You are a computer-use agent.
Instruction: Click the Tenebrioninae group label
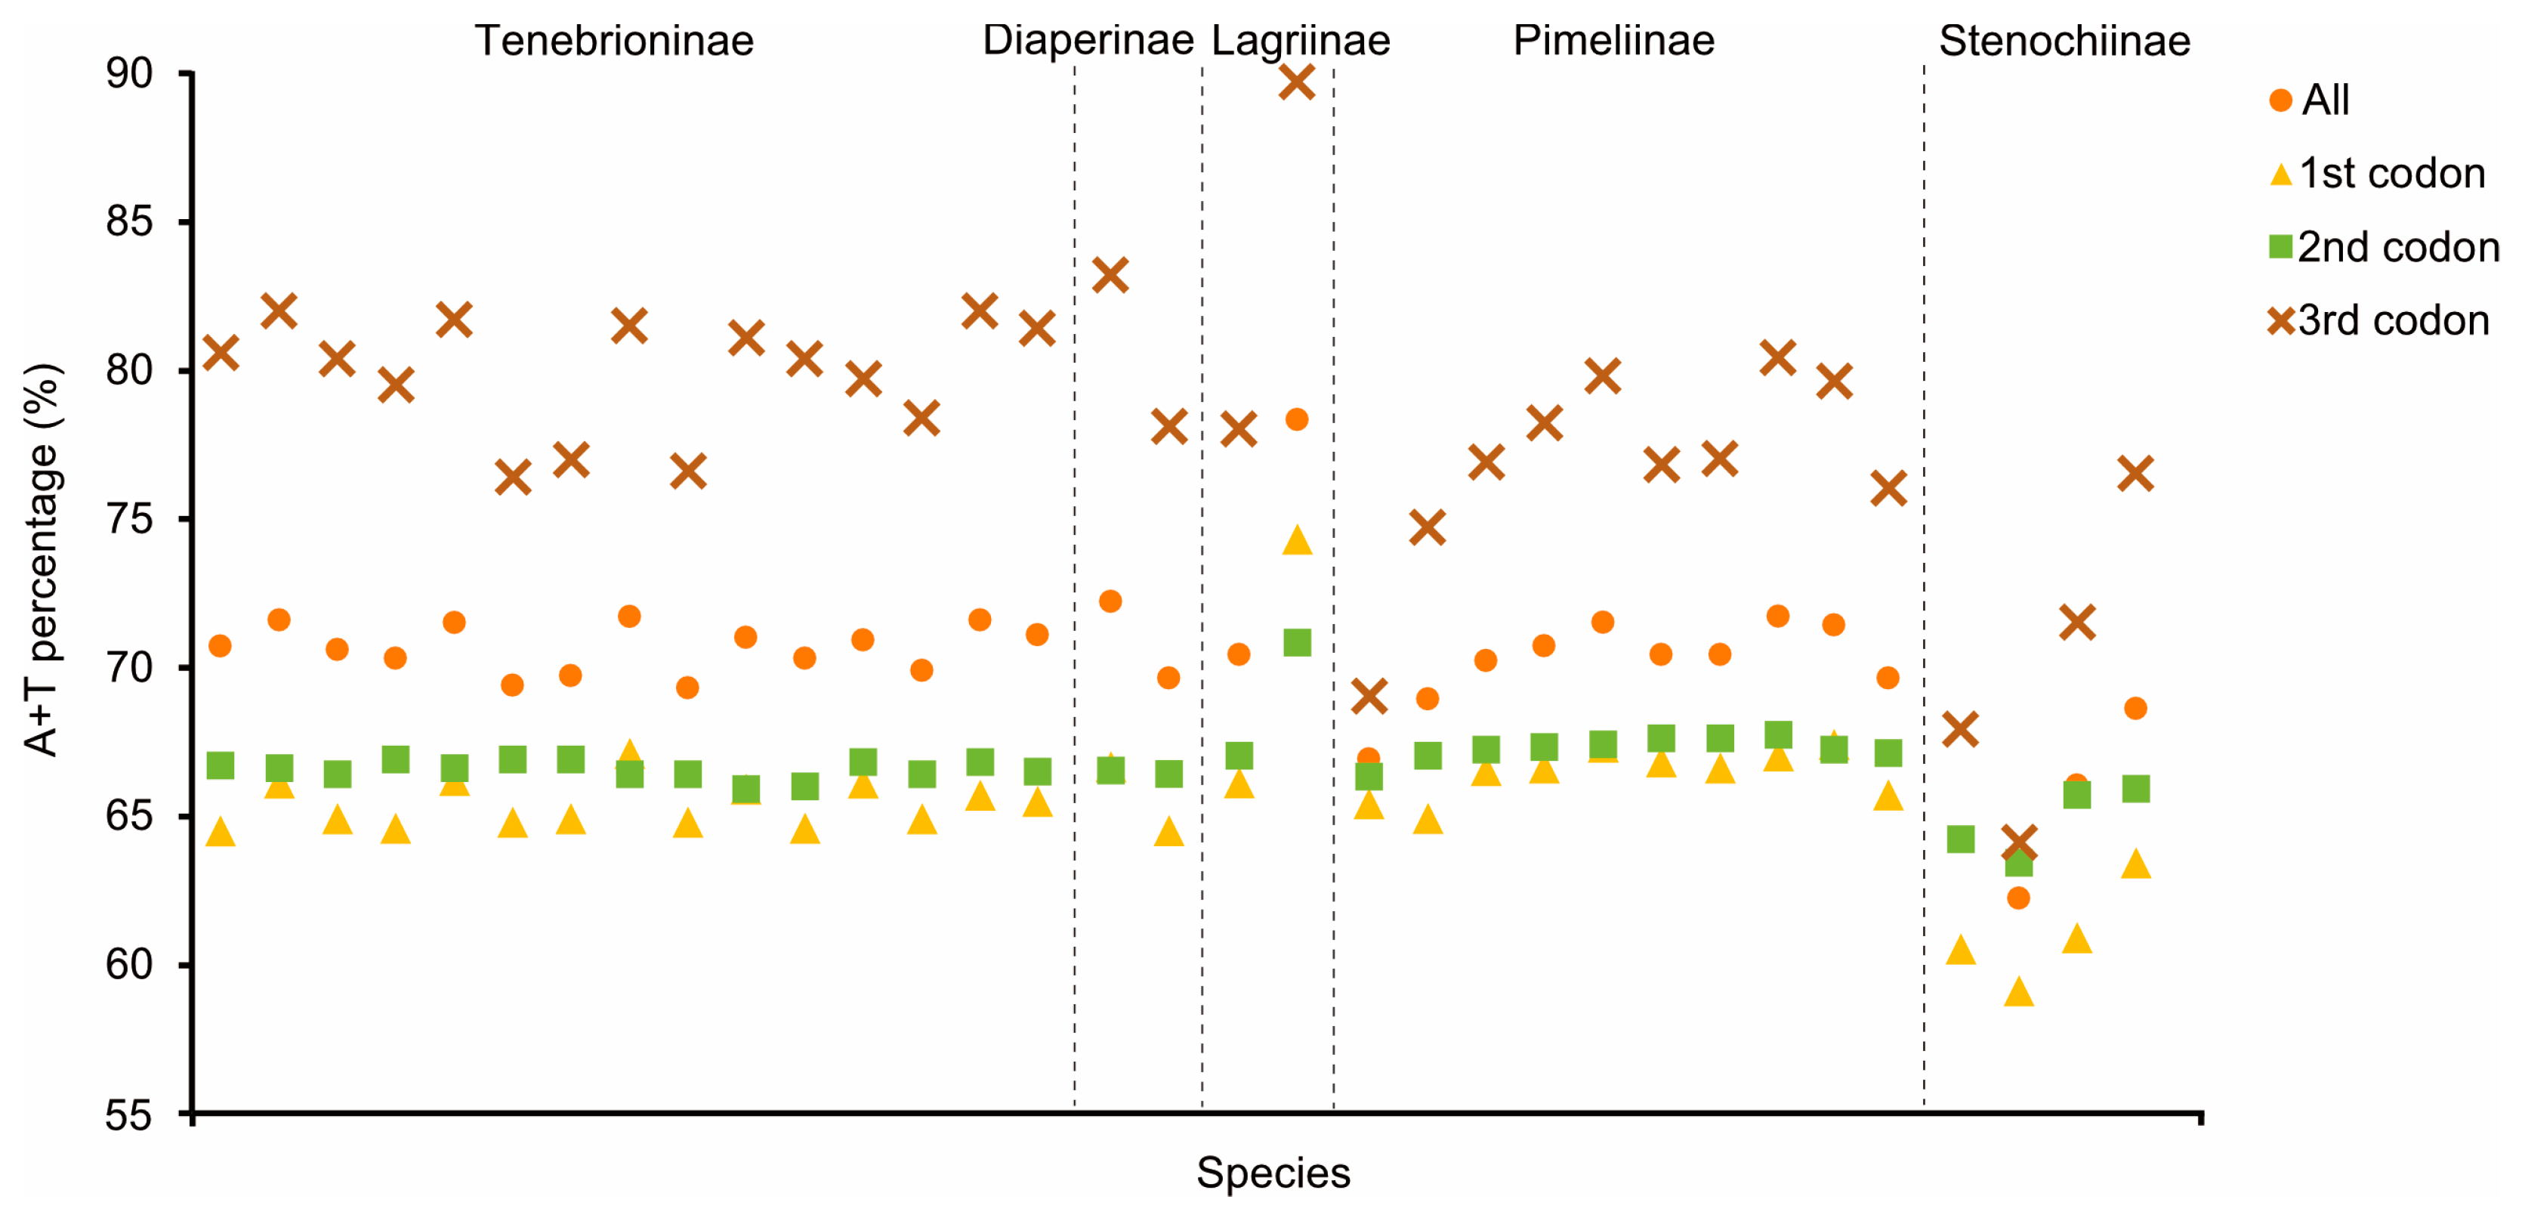click(x=614, y=41)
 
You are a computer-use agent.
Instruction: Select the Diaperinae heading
click(x=1088, y=41)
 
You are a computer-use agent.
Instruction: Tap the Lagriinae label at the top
click(x=1300, y=41)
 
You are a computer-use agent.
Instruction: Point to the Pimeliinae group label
click(x=1613, y=41)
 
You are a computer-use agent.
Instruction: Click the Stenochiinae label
click(x=2064, y=41)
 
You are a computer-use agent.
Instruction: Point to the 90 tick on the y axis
click(x=129, y=73)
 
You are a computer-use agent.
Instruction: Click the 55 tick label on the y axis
click(x=129, y=1114)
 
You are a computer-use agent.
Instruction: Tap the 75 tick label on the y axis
click(x=129, y=519)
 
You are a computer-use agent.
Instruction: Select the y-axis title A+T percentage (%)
click(x=41, y=560)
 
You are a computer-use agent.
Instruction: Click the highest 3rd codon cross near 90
click(x=1296, y=82)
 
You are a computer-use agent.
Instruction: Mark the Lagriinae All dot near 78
click(x=1296, y=419)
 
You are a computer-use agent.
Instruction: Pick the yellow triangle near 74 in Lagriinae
click(x=1296, y=540)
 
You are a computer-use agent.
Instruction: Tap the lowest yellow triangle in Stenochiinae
click(x=2019, y=993)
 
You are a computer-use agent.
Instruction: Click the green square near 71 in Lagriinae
click(x=1296, y=642)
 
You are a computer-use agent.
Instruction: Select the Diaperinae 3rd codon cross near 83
click(x=1110, y=275)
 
